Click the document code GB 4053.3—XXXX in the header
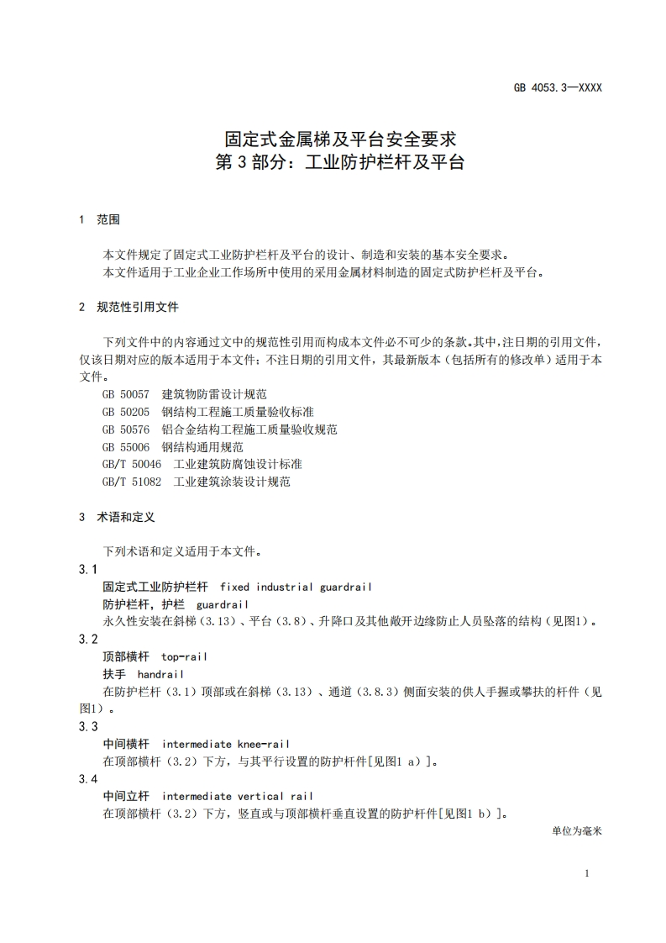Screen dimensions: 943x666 pyautogui.click(x=558, y=87)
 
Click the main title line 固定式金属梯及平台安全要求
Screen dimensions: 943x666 pyautogui.click(x=340, y=138)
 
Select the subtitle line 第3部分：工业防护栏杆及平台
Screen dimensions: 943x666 pyautogui.click(x=340, y=162)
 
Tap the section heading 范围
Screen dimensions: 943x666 pyautogui.click(x=108, y=219)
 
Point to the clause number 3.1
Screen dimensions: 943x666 pyautogui.click(x=88, y=570)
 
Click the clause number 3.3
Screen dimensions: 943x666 pyautogui.click(x=88, y=726)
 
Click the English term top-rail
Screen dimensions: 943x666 pyautogui.click(x=184, y=656)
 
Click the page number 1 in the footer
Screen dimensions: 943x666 pyautogui.click(x=586, y=873)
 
